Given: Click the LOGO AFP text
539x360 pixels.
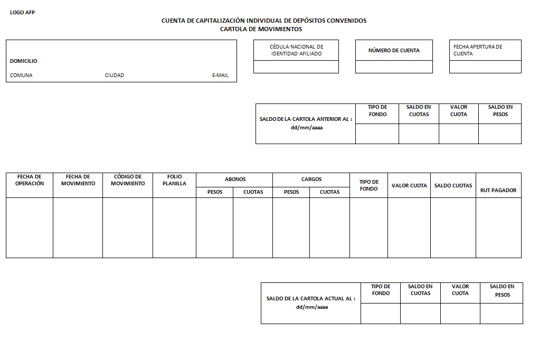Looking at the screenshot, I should click(x=22, y=13).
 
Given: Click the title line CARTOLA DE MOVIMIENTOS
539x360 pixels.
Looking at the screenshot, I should click(x=261, y=29).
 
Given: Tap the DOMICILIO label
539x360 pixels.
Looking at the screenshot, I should click(x=24, y=61).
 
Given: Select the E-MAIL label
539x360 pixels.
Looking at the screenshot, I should click(x=220, y=75).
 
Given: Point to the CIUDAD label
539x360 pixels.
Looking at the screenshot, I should click(x=115, y=75).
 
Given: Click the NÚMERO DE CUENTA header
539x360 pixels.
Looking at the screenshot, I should click(x=394, y=51).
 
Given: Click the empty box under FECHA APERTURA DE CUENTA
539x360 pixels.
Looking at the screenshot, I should click(x=485, y=67).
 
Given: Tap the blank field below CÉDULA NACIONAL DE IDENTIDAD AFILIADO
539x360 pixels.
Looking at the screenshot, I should click(x=296, y=67).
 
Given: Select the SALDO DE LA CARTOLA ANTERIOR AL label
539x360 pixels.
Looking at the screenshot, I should click(x=306, y=119).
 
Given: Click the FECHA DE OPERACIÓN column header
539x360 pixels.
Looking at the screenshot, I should click(x=30, y=180).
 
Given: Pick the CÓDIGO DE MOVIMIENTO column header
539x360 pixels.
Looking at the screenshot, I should click(x=128, y=180).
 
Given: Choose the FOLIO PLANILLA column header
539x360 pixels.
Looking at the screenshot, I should click(x=174, y=180).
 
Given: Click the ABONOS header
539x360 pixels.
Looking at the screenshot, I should click(x=235, y=179).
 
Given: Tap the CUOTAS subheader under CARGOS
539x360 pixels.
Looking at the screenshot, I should click(x=329, y=192).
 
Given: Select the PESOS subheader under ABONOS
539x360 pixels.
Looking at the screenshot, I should click(x=215, y=192).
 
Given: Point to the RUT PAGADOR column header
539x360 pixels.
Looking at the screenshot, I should click(x=498, y=190).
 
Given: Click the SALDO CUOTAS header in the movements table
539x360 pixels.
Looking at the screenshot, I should click(x=453, y=186).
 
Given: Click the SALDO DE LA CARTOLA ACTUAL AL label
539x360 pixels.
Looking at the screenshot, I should click(x=311, y=299).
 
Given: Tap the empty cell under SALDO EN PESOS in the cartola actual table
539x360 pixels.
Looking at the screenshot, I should click(x=502, y=314).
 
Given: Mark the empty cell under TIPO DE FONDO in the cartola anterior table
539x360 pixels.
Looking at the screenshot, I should click(x=377, y=134).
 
